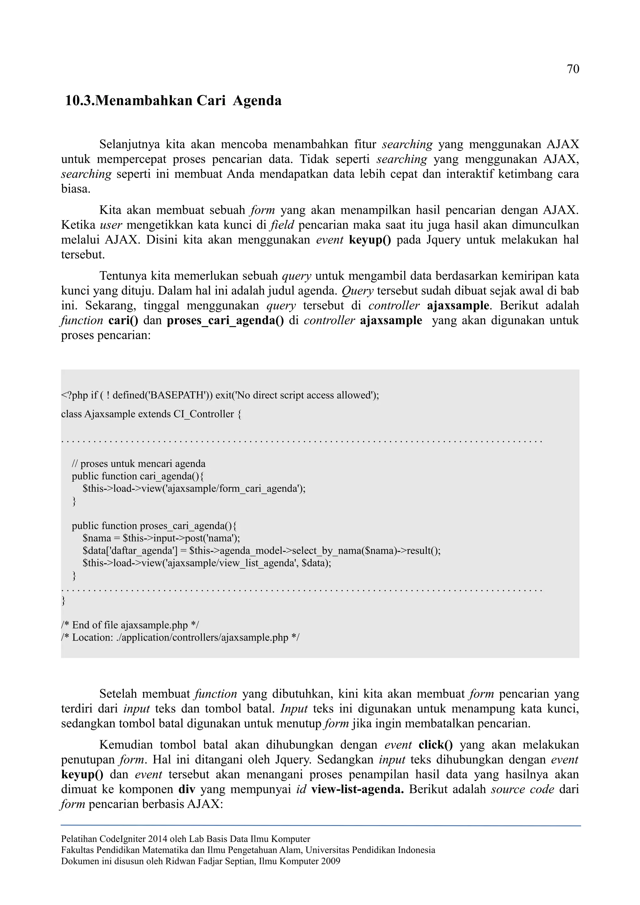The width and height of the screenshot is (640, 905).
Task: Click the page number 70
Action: [572, 69]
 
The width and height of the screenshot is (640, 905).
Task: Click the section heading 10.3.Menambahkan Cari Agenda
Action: [173, 101]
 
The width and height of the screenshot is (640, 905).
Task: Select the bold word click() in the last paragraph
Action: [435, 745]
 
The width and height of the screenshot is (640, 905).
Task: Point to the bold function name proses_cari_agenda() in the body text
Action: [225, 320]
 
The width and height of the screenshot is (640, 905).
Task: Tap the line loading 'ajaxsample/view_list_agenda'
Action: [207, 563]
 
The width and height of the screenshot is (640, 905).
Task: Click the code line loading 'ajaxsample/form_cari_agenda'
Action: [194, 489]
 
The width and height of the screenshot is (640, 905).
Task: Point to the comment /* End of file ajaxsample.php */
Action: [130, 625]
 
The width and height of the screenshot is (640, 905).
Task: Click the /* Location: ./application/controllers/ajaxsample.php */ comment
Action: [180, 637]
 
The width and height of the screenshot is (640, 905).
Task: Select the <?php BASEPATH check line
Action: [220, 395]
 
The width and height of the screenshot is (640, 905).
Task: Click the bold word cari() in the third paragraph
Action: [123, 320]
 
